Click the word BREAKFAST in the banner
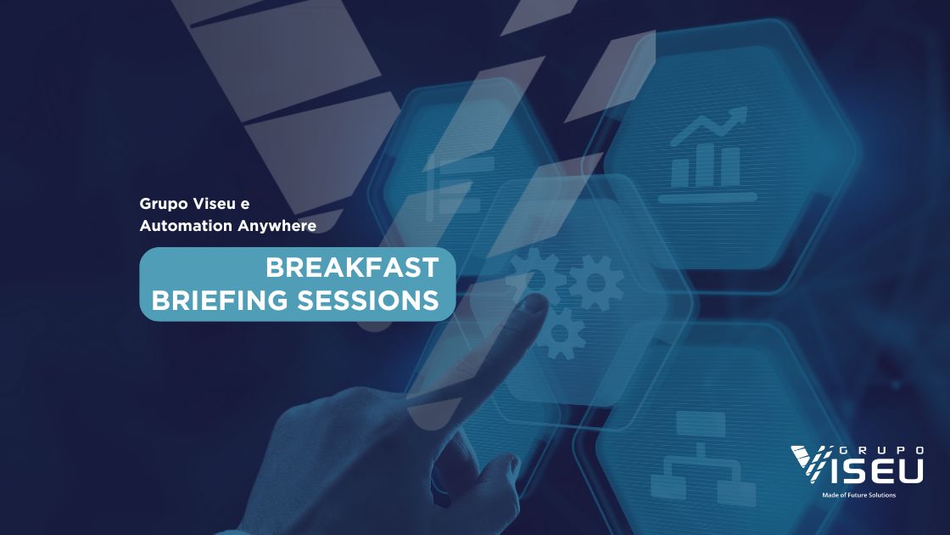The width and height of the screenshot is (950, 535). pos(352,268)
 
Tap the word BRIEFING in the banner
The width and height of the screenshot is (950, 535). pos(220,301)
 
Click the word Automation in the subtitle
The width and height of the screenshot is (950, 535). pos(186,226)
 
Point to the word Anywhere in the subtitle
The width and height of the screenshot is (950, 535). pos(277,226)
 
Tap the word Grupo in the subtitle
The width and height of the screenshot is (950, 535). pos(164,205)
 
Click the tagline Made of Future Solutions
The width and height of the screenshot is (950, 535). pos(858,495)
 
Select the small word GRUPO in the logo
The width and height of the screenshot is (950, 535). pos(881,450)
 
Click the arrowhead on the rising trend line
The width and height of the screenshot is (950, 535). pos(739,115)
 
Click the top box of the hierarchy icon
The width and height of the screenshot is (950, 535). pos(701,423)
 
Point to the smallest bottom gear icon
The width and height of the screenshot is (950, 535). pos(558,333)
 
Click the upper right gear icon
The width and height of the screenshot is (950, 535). pos(595,283)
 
